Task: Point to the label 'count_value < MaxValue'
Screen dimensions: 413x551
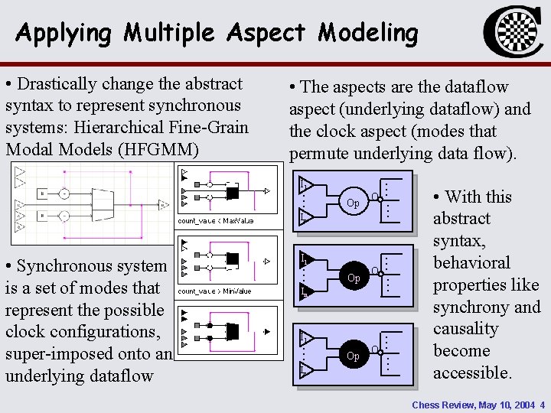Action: [215, 221]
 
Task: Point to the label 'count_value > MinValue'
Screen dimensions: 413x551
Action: [214, 291]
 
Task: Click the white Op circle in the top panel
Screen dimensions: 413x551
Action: [353, 203]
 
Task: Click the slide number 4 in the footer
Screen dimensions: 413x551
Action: [542, 404]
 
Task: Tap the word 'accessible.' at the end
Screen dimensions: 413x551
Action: [472, 373]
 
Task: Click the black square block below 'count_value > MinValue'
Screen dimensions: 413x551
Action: [233, 331]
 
